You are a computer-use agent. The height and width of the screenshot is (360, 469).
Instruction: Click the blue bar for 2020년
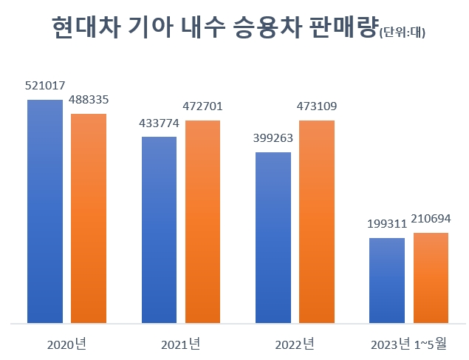[45, 211]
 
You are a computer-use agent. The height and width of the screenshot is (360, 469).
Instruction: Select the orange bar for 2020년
[89, 218]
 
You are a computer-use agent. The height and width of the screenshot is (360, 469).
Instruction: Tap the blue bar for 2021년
[159, 230]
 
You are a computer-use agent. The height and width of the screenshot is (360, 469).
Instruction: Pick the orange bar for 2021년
[202, 221]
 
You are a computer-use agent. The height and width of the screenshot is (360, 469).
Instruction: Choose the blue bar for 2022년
[273, 237]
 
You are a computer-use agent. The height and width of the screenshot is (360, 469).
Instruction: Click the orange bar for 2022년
[317, 221]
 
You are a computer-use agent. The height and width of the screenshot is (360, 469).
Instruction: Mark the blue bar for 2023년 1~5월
[387, 280]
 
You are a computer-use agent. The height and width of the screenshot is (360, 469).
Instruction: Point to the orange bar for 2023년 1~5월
[431, 278]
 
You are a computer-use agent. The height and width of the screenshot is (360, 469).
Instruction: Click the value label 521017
[44, 86]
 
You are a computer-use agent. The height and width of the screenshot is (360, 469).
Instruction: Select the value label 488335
[89, 100]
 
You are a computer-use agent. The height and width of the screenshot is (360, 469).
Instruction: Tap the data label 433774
[159, 123]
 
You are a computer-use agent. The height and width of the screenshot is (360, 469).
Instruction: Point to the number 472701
[202, 106]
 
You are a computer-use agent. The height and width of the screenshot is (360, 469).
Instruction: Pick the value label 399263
[273, 138]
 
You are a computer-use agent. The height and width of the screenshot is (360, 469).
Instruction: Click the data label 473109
[317, 106]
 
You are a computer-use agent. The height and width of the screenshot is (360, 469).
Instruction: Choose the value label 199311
[386, 224]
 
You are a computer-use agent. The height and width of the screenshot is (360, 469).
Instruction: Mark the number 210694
[431, 219]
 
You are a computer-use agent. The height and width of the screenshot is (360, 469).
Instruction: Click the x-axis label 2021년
[180, 344]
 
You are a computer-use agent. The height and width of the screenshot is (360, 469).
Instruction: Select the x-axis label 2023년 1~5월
[408, 344]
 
